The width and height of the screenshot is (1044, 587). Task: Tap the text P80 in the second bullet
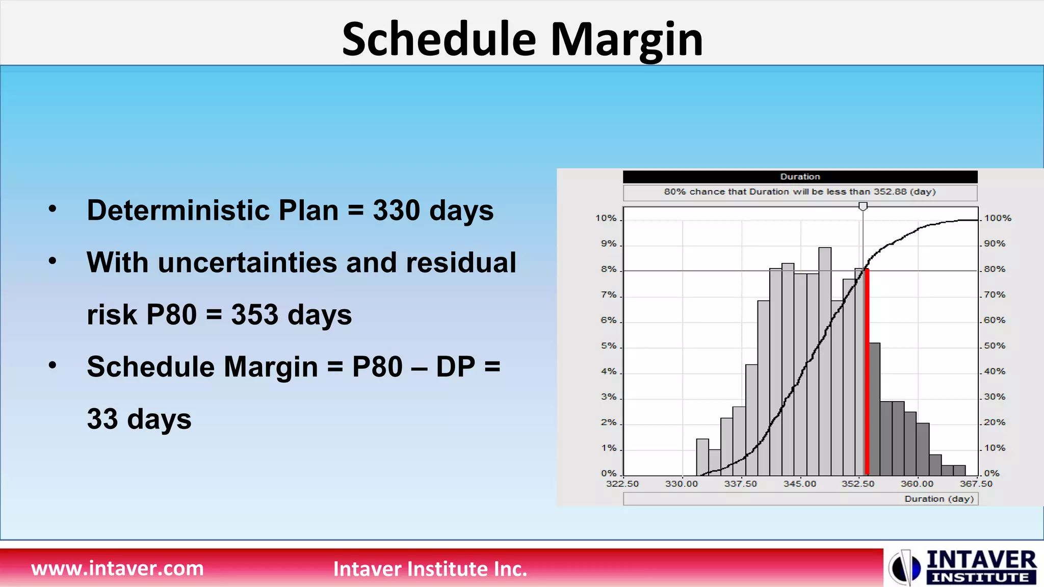coord(171,314)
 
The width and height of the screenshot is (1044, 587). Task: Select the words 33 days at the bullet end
coord(139,419)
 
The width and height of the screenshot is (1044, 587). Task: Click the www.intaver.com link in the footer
coord(117,568)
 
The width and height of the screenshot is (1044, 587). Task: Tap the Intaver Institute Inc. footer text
coord(430,569)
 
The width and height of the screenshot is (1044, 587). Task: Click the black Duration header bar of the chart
coord(800,177)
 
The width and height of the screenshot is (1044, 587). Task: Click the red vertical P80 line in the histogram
coord(867,372)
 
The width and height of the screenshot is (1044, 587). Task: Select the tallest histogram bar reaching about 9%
coord(825,357)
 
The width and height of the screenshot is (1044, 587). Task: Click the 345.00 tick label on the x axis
coord(800,484)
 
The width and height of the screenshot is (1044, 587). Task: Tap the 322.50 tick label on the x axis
coord(622,484)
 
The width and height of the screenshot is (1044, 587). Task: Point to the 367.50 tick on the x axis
coord(976,484)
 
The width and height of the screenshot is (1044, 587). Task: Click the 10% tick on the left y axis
coord(606,218)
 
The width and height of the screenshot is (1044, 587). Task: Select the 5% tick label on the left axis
coord(608,346)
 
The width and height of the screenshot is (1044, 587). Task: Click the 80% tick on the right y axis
coord(994,269)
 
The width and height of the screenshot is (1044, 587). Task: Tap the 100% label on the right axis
coord(997,218)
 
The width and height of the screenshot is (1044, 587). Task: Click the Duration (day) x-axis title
coord(938,499)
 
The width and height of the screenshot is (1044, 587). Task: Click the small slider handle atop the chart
coord(863,206)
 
